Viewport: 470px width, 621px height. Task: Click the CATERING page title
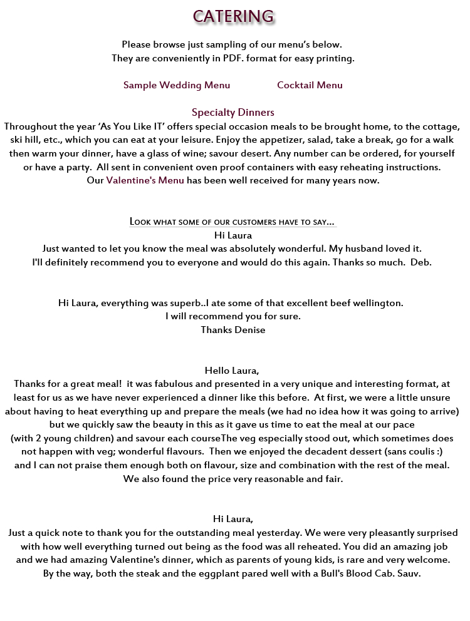click(232, 16)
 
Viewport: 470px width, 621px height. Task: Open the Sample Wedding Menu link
click(177, 85)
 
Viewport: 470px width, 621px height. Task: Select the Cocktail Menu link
click(310, 85)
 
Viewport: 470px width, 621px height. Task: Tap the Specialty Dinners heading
click(232, 113)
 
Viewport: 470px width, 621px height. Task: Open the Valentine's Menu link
click(145, 181)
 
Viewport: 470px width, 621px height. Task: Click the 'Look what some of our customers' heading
click(232, 222)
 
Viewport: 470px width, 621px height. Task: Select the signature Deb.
click(420, 262)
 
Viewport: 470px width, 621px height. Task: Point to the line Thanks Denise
click(232, 330)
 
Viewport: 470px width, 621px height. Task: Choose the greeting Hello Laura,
click(232, 371)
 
